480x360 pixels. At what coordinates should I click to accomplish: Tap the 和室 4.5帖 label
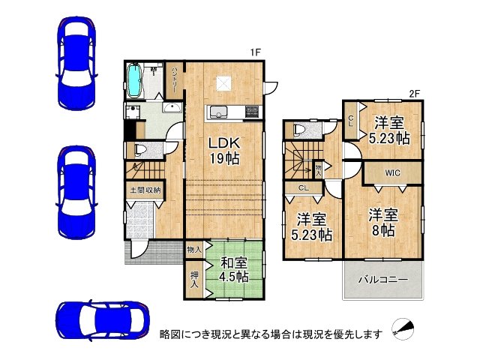click(233, 269)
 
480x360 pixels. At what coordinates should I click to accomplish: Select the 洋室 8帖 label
click(383, 222)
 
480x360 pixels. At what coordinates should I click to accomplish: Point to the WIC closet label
click(391, 173)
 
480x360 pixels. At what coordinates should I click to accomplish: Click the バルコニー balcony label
click(382, 279)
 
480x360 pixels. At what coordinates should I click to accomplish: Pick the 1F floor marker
click(255, 52)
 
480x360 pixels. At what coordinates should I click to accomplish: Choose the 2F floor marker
click(413, 94)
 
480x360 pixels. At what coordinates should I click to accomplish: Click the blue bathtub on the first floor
click(135, 80)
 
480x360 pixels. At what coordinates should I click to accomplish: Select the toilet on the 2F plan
click(300, 130)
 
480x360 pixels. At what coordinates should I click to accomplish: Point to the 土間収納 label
click(144, 190)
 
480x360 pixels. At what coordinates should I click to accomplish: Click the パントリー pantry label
click(174, 77)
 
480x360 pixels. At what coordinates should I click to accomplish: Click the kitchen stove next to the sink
click(250, 113)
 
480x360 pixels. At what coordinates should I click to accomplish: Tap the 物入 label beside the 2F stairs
click(319, 169)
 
